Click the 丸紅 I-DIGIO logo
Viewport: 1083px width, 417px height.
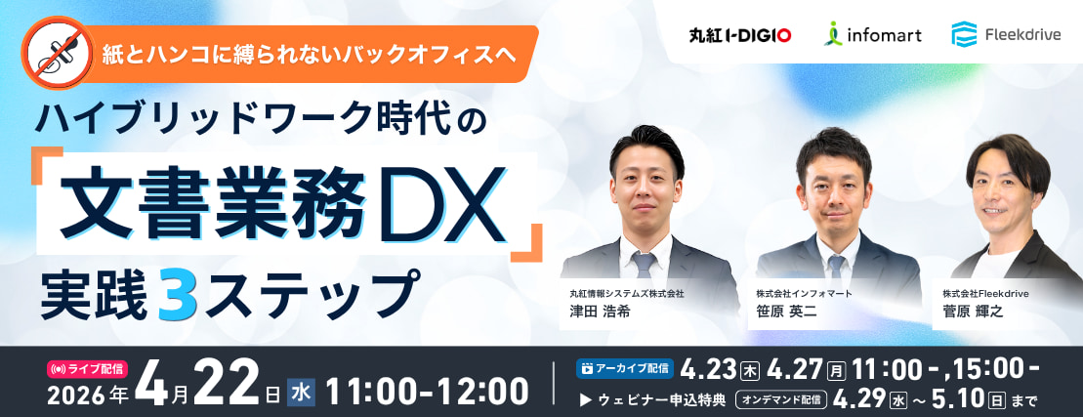740,34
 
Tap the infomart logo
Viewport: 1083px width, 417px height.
872,34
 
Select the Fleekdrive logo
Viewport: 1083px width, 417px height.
1006,34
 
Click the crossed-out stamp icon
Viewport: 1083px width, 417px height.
58,53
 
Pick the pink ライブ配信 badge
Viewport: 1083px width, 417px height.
86,369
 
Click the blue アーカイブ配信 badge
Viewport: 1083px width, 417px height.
625,368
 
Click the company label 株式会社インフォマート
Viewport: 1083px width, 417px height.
804,293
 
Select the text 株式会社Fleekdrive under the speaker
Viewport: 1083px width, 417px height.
985,293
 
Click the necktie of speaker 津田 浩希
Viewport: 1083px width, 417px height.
644,265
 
